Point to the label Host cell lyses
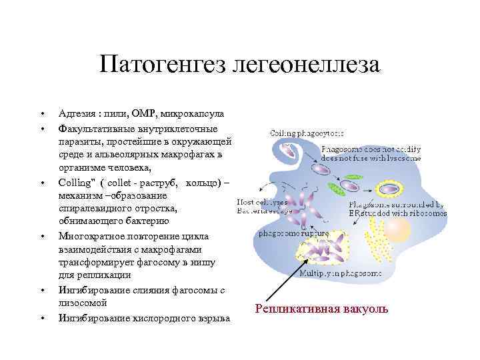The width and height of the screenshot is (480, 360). (x=263, y=201)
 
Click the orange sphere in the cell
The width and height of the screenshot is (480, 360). (x=398, y=231)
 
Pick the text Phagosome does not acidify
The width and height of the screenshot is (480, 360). (x=370, y=149)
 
